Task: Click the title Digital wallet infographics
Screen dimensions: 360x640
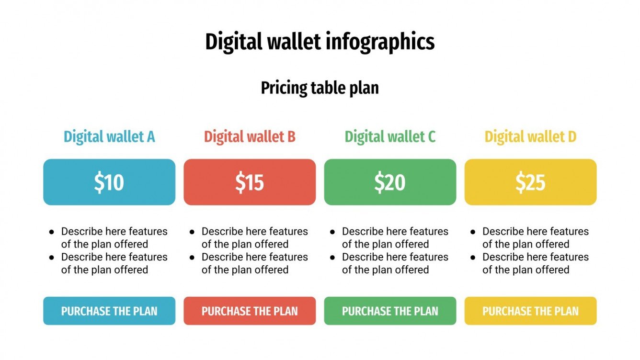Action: click(320, 42)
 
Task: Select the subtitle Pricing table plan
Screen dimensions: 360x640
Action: click(320, 88)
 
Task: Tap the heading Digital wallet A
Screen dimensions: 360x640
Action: click(109, 137)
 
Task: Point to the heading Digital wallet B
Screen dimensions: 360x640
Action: click(250, 137)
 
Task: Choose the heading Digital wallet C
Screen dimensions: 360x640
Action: click(390, 137)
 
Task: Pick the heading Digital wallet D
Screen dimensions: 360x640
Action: click(530, 137)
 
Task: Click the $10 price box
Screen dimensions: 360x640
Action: click(109, 182)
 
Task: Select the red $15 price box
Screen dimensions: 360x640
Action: click(250, 182)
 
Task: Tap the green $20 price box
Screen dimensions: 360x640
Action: click(390, 182)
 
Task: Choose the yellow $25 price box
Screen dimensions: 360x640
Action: click(530, 182)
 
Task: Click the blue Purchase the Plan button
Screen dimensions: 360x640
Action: click(109, 311)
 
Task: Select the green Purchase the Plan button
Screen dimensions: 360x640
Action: click(390, 311)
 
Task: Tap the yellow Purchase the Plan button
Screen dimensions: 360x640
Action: click(530, 311)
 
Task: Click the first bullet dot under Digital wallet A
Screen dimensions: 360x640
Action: click(52, 232)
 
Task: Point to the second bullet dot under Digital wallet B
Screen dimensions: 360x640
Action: click(192, 258)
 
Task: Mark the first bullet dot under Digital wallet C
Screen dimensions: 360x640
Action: click(332, 232)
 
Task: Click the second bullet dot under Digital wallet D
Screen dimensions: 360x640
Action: click(473, 258)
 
